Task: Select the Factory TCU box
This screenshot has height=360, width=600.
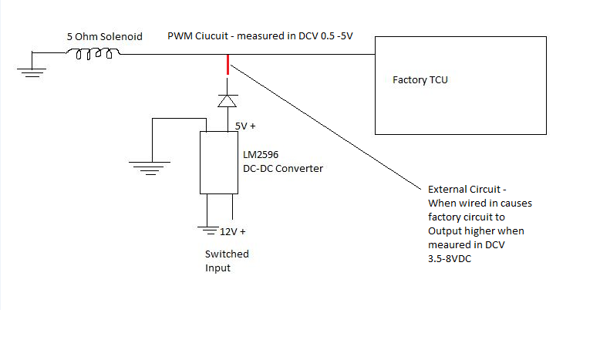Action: click(460, 85)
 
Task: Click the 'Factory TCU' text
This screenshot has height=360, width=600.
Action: click(420, 79)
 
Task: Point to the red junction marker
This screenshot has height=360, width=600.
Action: click(228, 64)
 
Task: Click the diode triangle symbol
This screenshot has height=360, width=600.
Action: click(227, 100)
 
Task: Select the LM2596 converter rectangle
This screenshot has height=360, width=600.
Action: click(219, 162)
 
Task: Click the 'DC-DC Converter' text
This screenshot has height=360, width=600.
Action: click(280, 168)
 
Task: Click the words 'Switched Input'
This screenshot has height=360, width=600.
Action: click(227, 261)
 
